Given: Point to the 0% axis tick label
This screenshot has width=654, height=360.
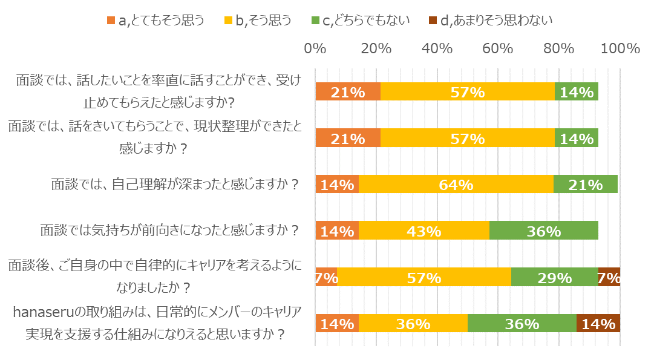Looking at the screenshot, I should coord(315,49).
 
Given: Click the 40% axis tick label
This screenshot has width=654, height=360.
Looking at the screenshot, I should coord(437,49).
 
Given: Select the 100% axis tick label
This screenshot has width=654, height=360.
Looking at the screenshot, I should coord(618,49).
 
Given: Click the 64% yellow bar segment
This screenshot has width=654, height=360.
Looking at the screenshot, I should coord(456,185).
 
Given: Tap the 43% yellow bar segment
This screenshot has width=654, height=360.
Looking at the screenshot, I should coord(424,231).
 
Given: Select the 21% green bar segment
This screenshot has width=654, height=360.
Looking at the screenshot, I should coord(585,185).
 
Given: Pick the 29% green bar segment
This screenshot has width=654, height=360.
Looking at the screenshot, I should coord(554,277).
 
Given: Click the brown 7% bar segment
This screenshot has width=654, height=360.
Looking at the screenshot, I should coord(609,277).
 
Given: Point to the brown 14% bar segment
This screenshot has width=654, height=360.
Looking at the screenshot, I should coord(598,323).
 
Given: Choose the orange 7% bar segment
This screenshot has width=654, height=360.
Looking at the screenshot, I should coord(326,277).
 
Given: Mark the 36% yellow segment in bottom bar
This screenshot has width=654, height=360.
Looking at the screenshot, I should coord(413,323).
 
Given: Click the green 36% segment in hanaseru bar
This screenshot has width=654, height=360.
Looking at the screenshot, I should coord(522,323).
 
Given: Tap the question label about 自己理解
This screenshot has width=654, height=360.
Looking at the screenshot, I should coord(175,184).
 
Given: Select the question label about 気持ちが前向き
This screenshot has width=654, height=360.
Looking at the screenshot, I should coord(170,230).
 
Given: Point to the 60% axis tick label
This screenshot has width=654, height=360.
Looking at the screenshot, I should coord(497,49).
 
